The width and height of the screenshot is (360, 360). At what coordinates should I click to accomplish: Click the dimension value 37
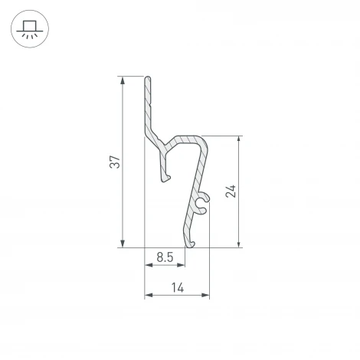(114, 162)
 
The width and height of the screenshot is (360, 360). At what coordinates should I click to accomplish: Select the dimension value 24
(231, 191)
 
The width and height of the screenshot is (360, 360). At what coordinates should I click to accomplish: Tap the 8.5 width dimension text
(164, 257)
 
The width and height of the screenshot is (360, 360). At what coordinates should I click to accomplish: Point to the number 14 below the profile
(177, 288)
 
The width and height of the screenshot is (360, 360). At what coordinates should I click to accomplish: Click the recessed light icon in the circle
(29, 29)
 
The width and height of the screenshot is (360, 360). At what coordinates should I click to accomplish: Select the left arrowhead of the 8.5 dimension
(148, 266)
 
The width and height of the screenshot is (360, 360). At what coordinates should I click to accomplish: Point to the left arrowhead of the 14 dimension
(148, 296)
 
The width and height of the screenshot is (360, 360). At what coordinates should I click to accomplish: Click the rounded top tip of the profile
(147, 78)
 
